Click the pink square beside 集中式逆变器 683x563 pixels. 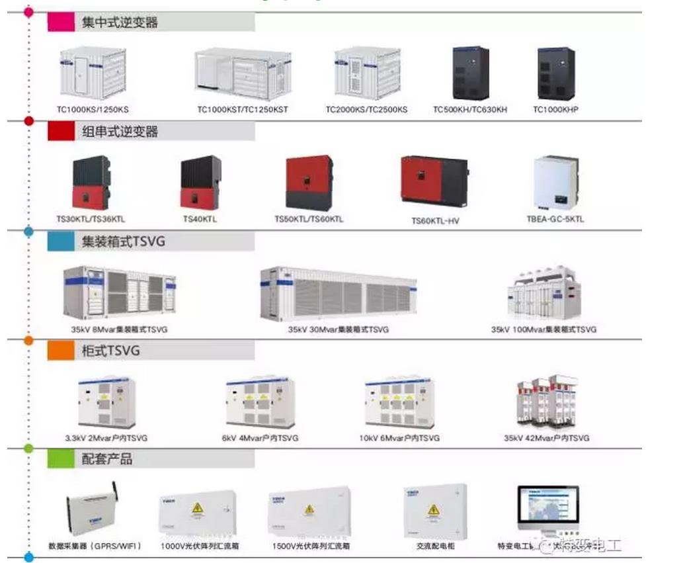pyautogui.click(x=60, y=22)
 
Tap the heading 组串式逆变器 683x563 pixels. pyautogui.click(x=120, y=132)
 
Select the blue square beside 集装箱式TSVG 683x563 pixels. pyautogui.click(x=60, y=241)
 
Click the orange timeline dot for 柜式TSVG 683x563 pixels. pyautogui.click(x=28, y=340)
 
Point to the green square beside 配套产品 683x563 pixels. pyautogui.click(x=60, y=458)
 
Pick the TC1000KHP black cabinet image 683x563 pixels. pyautogui.click(x=556, y=73)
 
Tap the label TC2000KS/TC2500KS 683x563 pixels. pyautogui.click(x=366, y=109)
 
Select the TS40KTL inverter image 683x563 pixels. pyautogui.click(x=200, y=183)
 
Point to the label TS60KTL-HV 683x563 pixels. pyautogui.click(x=435, y=221)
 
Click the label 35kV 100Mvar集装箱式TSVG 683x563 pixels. pyautogui.click(x=543, y=329)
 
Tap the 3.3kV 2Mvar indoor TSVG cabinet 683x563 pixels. pyautogui.click(x=106, y=402)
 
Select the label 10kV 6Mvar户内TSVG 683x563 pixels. pyautogui.click(x=399, y=438)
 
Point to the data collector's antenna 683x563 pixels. pyautogui.click(x=114, y=493)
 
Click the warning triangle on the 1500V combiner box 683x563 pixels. pyautogui.click(x=308, y=509)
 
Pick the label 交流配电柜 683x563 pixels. pyautogui.click(x=435, y=546)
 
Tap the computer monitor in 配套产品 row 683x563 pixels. pyautogui.click(x=548, y=508)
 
